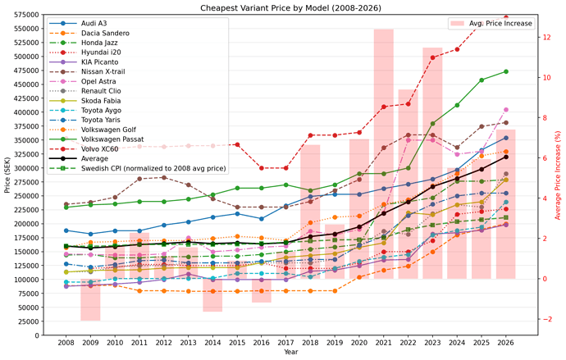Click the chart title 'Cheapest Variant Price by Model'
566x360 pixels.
coord(283,7)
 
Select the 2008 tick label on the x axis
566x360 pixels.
coord(66,341)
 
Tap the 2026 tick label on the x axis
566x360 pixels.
coord(506,341)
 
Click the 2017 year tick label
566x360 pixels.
coord(285,341)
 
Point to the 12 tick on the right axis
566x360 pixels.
coord(543,38)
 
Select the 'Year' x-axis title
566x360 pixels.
coord(285,353)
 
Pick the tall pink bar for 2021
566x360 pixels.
coord(383,156)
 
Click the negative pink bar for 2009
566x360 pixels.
coord(90,299)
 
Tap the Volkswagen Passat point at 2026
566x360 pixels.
coord(506,71)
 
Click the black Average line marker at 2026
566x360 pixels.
coord(506,156)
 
